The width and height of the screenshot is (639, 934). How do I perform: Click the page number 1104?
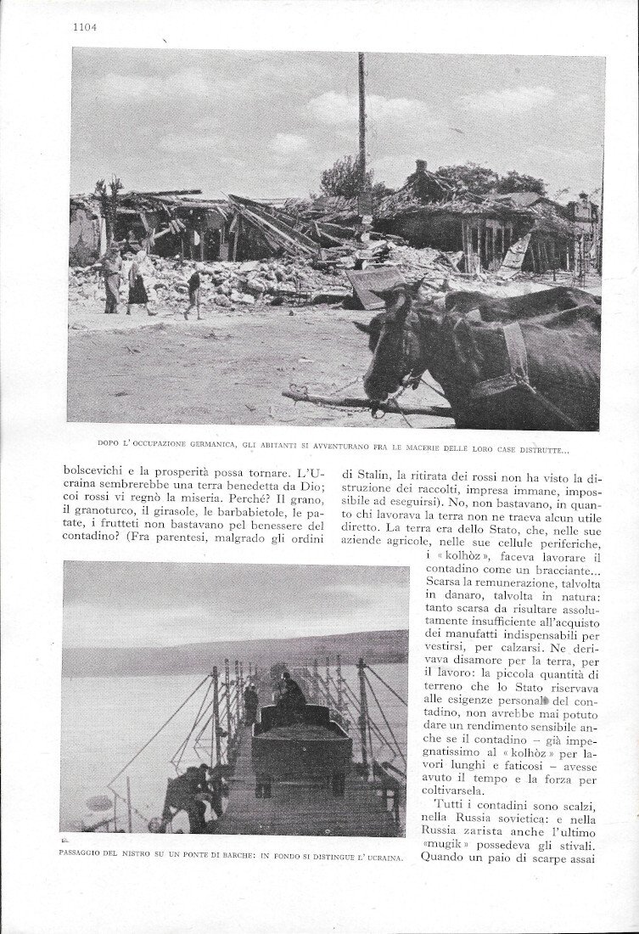[x=84, y=26]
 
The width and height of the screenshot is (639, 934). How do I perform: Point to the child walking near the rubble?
[x=193, y=291]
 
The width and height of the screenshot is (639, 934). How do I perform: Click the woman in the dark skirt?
[x=137, y=284]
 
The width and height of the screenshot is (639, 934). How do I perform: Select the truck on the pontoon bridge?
[x=301, y=747]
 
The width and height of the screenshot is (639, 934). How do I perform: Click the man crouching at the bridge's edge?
[x=188, y=795]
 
